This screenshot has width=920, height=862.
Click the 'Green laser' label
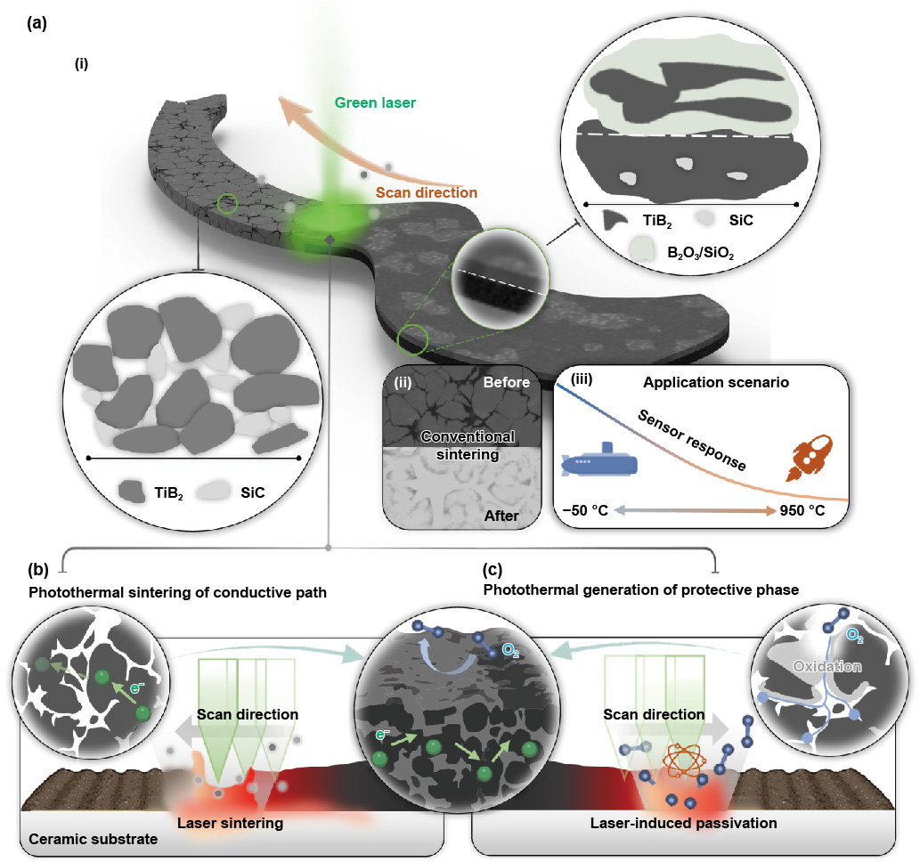[x=374, y=102]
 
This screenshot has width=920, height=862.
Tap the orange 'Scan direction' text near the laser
[x=426, y=192]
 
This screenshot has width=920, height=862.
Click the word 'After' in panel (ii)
[x=503, y=515]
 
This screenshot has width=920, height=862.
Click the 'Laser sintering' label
[x=230, y=823]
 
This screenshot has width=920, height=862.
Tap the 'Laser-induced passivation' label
[x=683, y=823]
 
